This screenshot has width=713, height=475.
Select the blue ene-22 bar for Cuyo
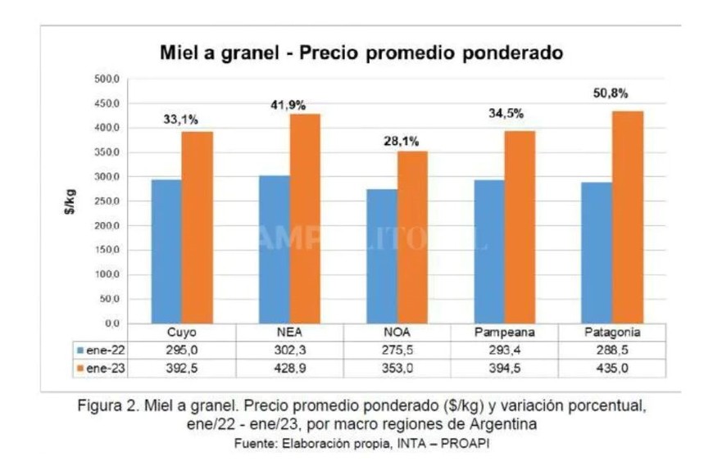click(x=166, y=251)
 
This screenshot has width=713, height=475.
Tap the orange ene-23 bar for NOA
click(x=413, y=237)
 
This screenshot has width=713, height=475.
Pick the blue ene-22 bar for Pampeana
click(x=490, y=251)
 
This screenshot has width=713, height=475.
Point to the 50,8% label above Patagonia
click(x=610, y=93)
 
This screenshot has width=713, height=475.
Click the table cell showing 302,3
click(x=291, y=351)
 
